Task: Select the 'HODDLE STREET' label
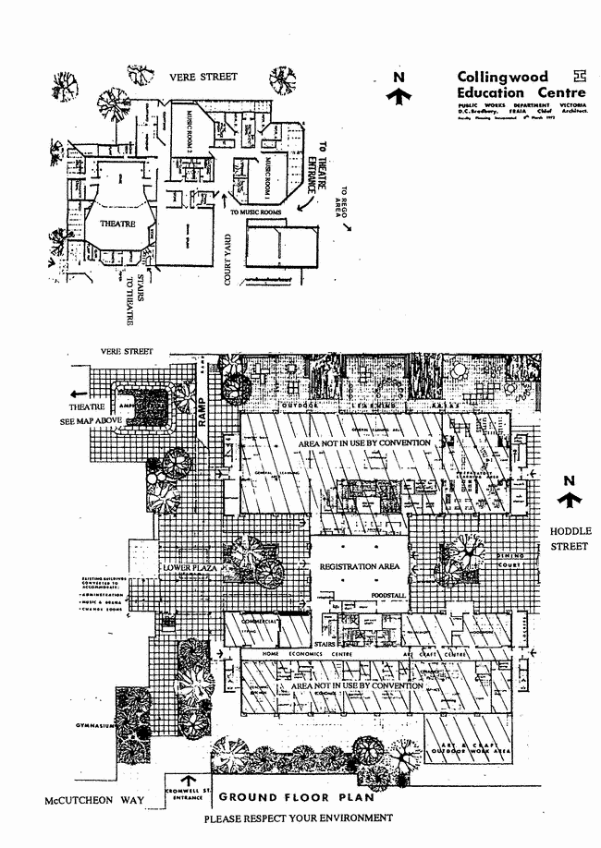pos(571,538)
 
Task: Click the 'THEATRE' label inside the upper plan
pos(107,224)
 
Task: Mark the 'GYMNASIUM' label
pos(94,727)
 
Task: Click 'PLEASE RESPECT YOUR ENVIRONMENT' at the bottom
pos(298,818)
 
